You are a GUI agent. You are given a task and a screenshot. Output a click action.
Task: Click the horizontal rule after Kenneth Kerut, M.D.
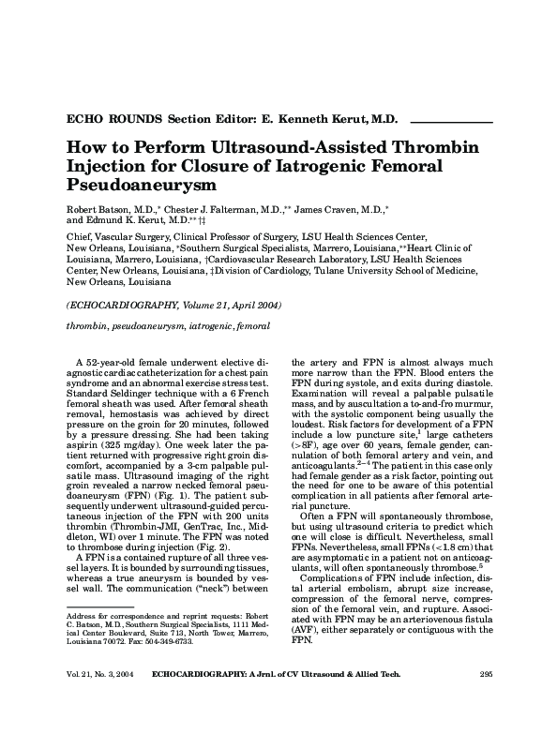[x=452, y=122]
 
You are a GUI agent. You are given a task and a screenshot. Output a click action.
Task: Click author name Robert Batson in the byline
[x=95, y=208]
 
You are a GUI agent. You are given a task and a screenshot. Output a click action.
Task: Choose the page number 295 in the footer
[x=485, y=698]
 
